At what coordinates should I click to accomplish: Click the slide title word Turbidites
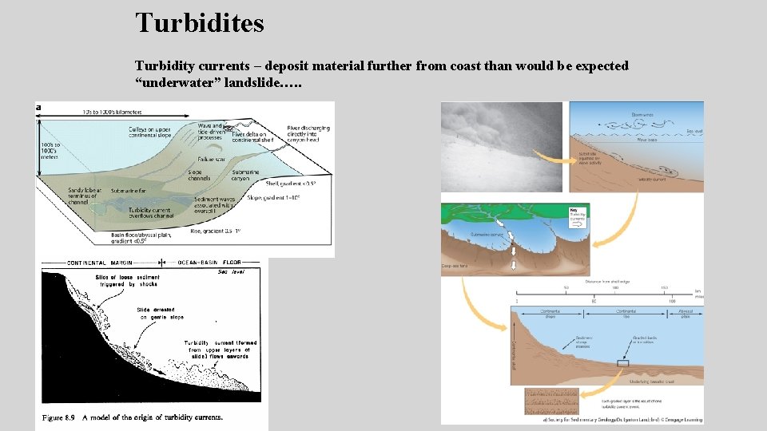[x=200, y=22]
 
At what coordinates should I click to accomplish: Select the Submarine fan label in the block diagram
[x=129, y=191]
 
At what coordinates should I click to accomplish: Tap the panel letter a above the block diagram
[x=38, y=108]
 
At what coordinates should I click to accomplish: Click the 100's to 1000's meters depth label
[x=49, y=149]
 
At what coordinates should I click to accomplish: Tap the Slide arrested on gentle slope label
[x=160, y=313]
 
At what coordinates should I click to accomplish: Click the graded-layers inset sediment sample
[x=550, y=400]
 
